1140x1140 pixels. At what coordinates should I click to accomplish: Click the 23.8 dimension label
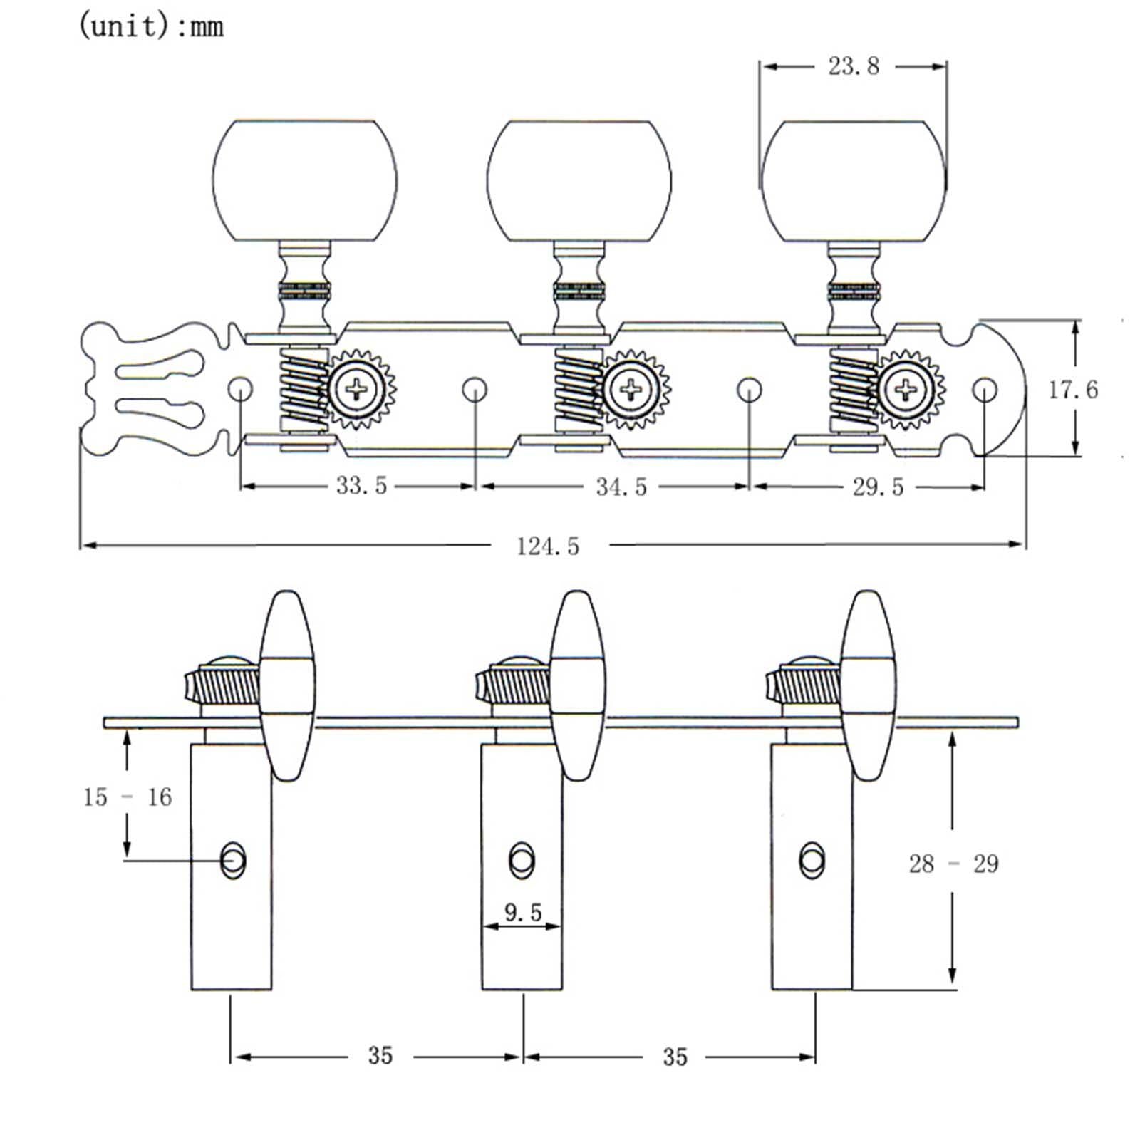(x=853, y=66)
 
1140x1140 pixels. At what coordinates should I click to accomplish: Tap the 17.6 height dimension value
(x=1072, y=390)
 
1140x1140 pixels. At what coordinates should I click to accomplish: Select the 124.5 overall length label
(x=547, y=546)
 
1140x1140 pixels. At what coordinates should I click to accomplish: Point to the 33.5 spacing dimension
(x=361, y=486)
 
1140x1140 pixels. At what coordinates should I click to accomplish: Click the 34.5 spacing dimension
(x=621, y=487)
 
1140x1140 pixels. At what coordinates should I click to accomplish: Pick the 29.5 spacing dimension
(x=878, y=487)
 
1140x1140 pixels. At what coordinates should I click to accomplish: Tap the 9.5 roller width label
(x=523, y=913)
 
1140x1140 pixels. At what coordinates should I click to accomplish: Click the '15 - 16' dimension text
(x=128, y=797)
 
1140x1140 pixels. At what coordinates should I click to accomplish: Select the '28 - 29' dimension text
(x=953, y=864)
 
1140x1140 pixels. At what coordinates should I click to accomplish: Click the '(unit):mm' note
(x=150, y=27)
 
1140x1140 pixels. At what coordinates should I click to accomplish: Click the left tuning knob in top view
(x=305, y=180)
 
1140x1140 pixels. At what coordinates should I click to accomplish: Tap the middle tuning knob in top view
(x=579, y=180)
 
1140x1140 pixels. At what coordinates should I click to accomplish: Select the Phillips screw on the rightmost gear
(x=906, y=390)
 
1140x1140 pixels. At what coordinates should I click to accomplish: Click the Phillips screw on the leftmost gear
(x=356, y=390)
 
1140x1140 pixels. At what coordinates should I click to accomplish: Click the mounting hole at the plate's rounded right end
(x=985, y=390)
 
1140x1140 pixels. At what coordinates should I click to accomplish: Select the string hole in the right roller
(x=812, y=860)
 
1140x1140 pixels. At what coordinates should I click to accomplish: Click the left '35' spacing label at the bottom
(x=380, y=1056)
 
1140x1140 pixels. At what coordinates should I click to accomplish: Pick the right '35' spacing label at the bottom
(x=675, y=1057)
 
